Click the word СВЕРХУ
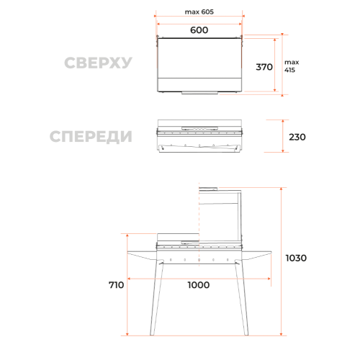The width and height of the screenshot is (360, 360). point(98,63)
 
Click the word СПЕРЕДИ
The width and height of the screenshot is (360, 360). point(91,137)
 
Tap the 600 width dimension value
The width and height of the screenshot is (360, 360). point(199,30)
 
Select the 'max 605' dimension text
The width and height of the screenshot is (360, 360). point(199,12)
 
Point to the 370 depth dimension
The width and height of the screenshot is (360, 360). point(264,67)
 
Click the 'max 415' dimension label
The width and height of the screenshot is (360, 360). point(292,66)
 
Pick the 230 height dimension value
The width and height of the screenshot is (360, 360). point(297,137)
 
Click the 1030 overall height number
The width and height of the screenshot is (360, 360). point(296,258)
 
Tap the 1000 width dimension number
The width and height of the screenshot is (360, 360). point(199,285)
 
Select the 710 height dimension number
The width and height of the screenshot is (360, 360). point(116,285)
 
